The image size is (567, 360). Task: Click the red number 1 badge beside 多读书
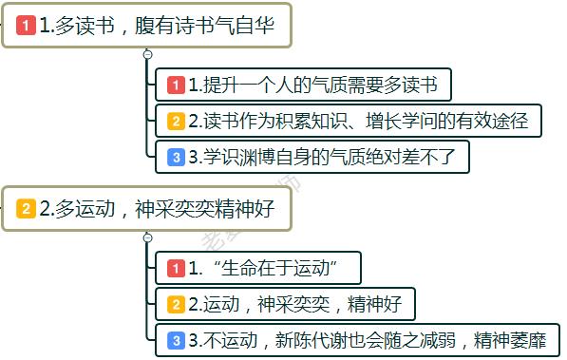27,28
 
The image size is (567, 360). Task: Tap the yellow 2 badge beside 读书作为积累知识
176,122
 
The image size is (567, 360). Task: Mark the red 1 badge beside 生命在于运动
176,269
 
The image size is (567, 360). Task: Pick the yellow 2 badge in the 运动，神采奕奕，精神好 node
176,305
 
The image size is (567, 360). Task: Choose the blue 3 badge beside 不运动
176,340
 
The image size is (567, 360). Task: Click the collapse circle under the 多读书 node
147,55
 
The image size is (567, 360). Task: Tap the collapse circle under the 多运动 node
147,237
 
